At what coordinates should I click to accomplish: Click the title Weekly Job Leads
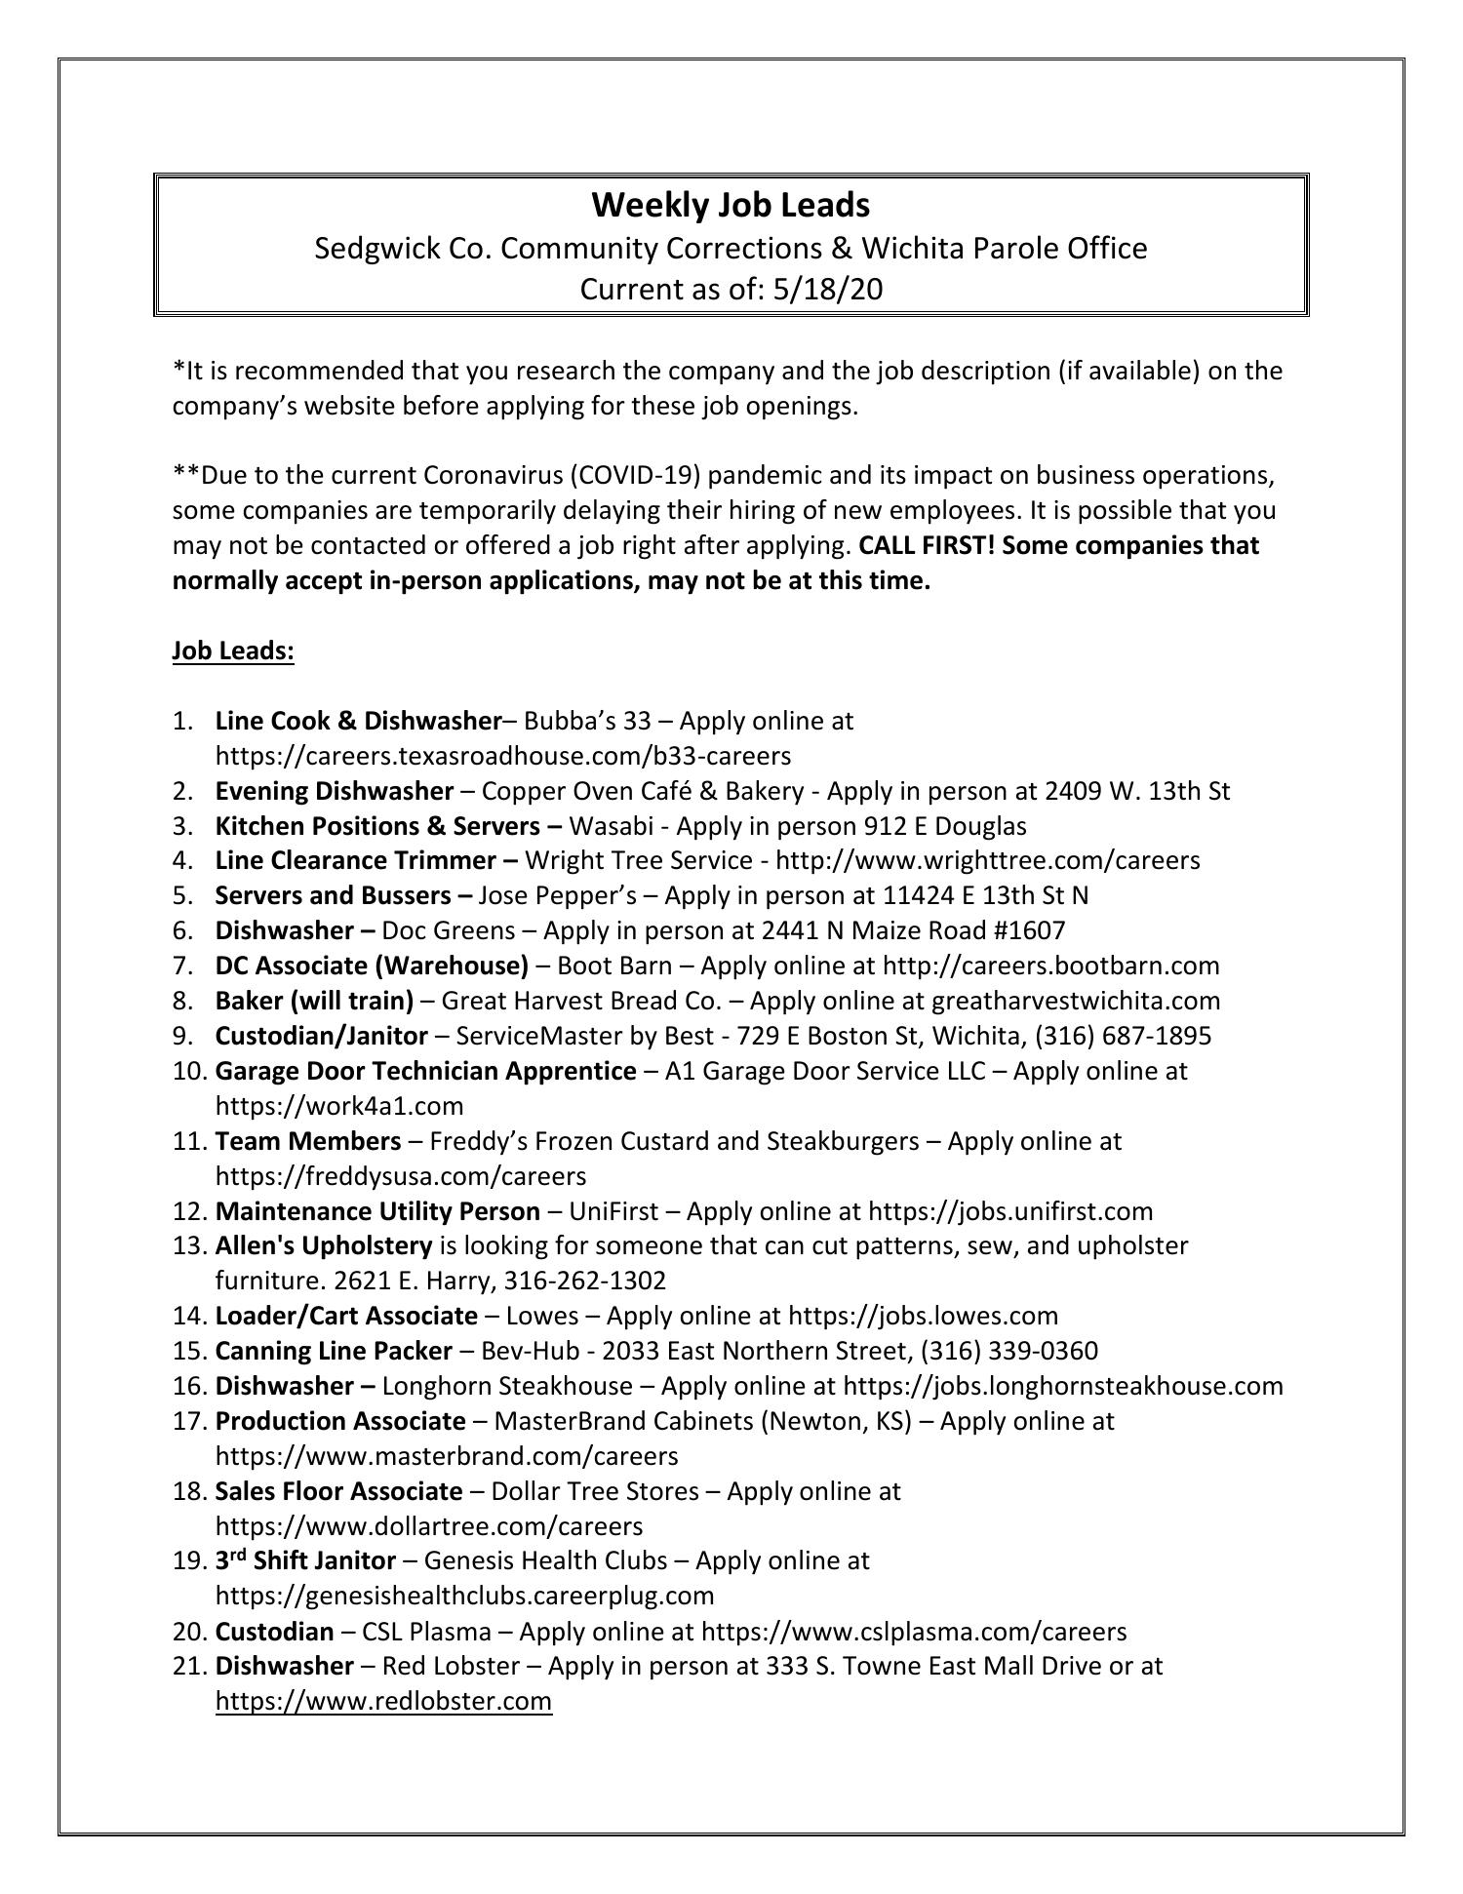[731, 205]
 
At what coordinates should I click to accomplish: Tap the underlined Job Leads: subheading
[233, 651]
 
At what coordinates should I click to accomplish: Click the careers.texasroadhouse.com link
[502, 756]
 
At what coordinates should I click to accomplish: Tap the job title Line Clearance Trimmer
[356, 860]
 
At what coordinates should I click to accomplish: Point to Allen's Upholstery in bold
[323, 1245]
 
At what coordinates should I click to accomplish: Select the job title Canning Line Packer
[334, 1351]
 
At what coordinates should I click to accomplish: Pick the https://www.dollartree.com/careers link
[428, 1525]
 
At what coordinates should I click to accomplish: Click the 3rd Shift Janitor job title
[305, 1560]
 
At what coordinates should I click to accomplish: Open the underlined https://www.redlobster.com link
[383, 1702]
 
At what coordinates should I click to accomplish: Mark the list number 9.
[182, 1036]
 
